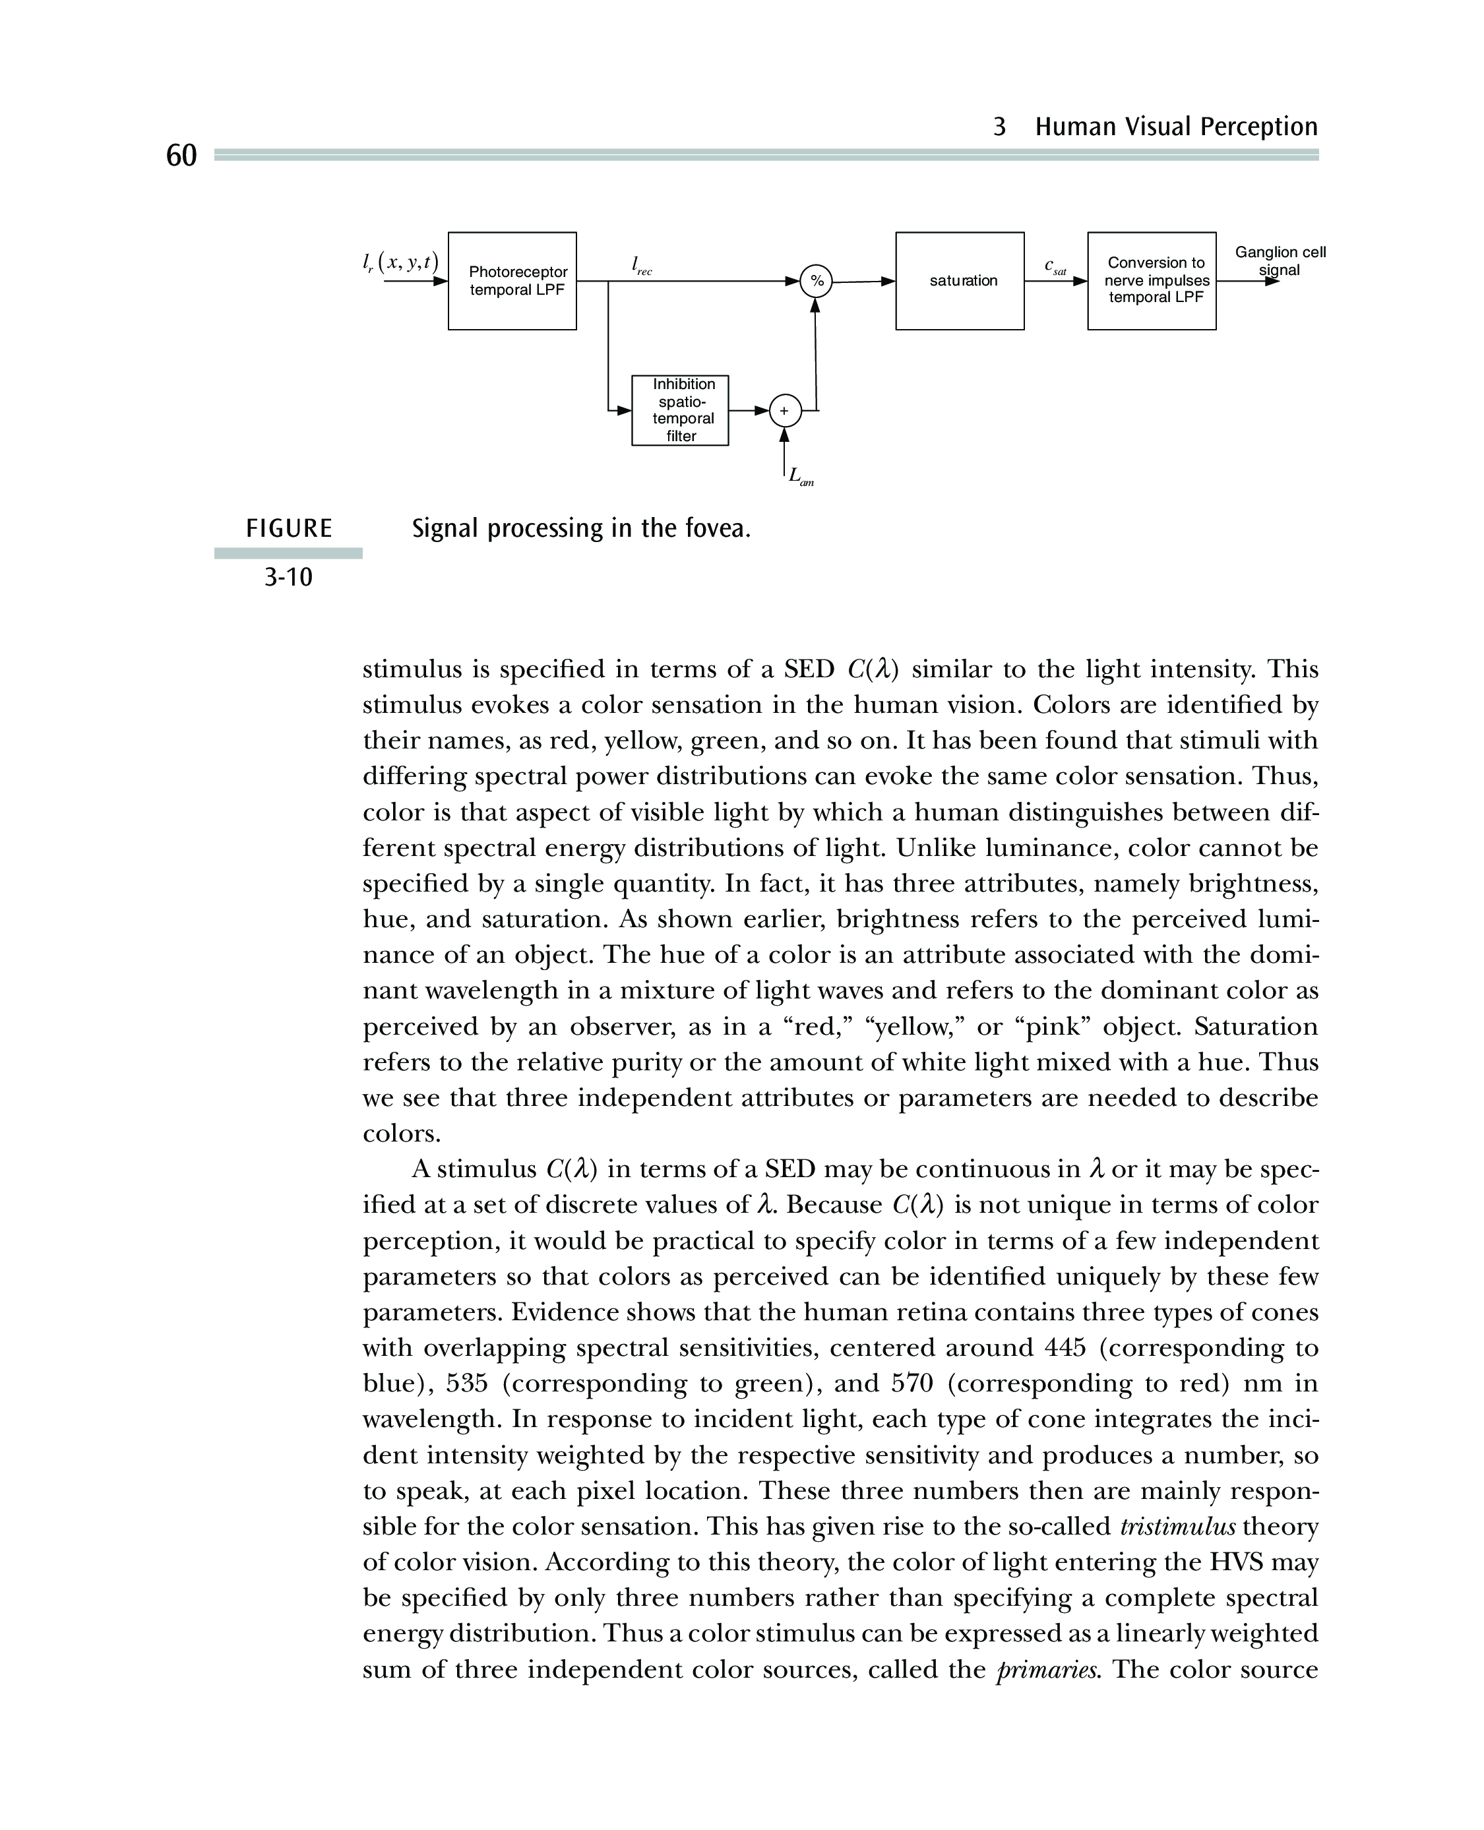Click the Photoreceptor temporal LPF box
[x=512, y=280]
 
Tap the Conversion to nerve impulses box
[x=1152, y=280]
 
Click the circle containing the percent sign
[x=817, y=281]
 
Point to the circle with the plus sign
[x=785, y=411]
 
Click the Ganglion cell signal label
[x=1280, y=260]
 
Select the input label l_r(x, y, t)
[x=400, y=262]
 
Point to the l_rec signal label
[x=641, y=266]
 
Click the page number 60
[x=181, y=156]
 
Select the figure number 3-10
[x=288, y=578]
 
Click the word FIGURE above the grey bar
[x=289, y=529]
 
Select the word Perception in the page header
[x=1261, y=127]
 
